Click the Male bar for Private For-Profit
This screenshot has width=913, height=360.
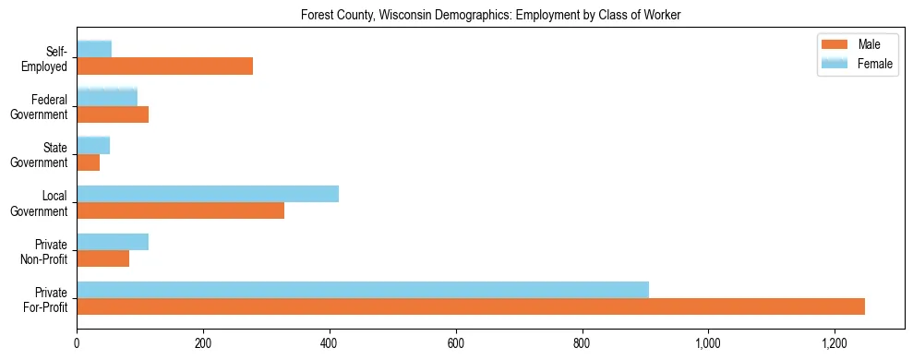[x=471, y=306]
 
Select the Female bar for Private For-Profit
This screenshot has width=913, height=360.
[x=363, y=290]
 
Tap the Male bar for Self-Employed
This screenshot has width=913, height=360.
[x=164, y=66]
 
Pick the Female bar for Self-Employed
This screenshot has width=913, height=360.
[x=94, y=49]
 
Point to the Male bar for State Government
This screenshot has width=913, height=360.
[x=89, y=162]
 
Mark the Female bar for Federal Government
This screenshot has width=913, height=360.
[x=107, y=97]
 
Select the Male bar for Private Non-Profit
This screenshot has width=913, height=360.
[x=103, y=258]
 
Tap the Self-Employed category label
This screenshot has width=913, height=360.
[x=50, y=59]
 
